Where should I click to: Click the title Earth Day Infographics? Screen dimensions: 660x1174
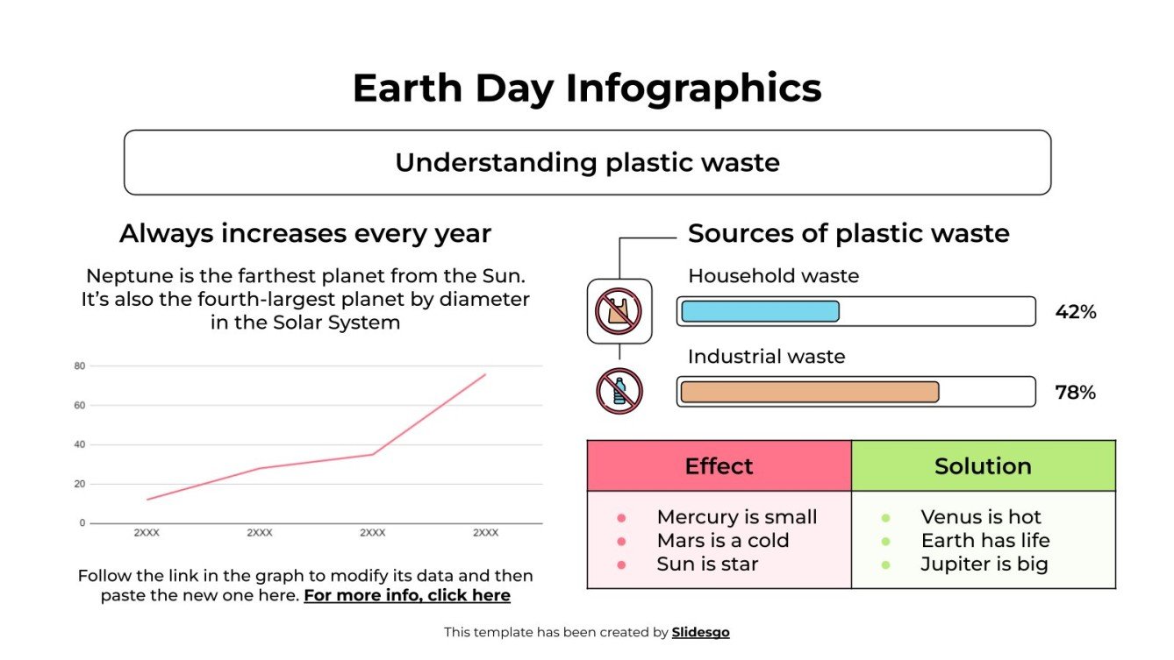pyautogui.click(x=586, y=89)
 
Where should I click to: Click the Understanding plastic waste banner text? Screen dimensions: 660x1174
pyautogui.click(x=586, y=163)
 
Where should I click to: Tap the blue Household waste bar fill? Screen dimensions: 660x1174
pyautogui.click(x=760, y=311)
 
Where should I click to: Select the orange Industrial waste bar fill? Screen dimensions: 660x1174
pyautogui.click(x=809, y=392)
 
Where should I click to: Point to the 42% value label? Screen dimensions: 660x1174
pyautogui.click(x=1075, y=312)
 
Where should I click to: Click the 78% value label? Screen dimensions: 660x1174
pyautogui.click(x=1075, y=393)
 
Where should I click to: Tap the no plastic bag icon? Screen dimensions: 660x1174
pyautogui.click(x=619, y=311)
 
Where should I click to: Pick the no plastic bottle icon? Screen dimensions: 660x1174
pyautogui.click(x=619, y=391)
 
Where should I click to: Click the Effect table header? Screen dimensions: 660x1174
pyautogui.click(x=719, y=466)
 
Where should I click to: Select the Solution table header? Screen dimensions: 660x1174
pyautogui.click(x=983, y=466)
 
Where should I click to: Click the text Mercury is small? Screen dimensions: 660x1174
pyautogui.click(x=736, y=517)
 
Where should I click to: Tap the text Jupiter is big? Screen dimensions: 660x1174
pyautogui.click(x=984, y=564)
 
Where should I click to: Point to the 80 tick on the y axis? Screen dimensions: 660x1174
pyautogui.click(x=79, y=366)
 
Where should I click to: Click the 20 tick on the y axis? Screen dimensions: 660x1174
pyautogui.click(x=79, y=484)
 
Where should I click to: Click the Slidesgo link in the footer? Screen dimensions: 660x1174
pyautogui.click(x=700, y=632)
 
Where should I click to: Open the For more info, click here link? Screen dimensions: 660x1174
pyautogui.click(x=406, y=596)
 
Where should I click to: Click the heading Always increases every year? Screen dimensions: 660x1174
pyautogui.click(x=304, y=234)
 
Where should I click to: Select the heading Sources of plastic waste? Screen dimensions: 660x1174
pyautogui.click(x=848, y=234)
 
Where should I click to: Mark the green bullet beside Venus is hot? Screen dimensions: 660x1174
pyautogui.click(x=885, y=518)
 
